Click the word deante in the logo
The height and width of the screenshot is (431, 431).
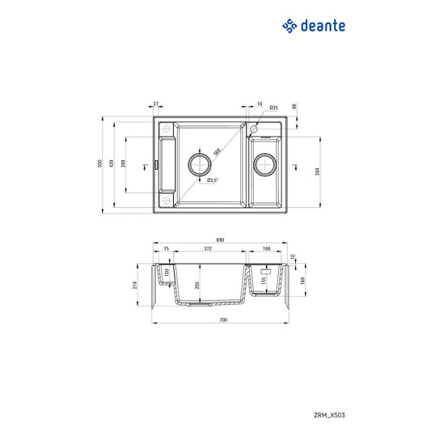tap(323, 26)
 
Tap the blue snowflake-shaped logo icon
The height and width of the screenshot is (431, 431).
tap(289, 26)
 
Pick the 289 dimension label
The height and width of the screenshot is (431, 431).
tap(124, 165)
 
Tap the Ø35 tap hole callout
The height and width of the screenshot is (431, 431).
tap(273, 107)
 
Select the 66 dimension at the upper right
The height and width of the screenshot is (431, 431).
tap(294, 106)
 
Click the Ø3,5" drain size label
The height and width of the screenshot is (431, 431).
tap(213, 180)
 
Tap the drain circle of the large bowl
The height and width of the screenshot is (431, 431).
tap(199, 165)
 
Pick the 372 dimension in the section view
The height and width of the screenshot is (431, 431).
tap(208, 250)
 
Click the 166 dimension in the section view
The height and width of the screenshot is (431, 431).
tap(266, 250)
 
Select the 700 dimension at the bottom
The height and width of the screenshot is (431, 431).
tap(223, 321)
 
